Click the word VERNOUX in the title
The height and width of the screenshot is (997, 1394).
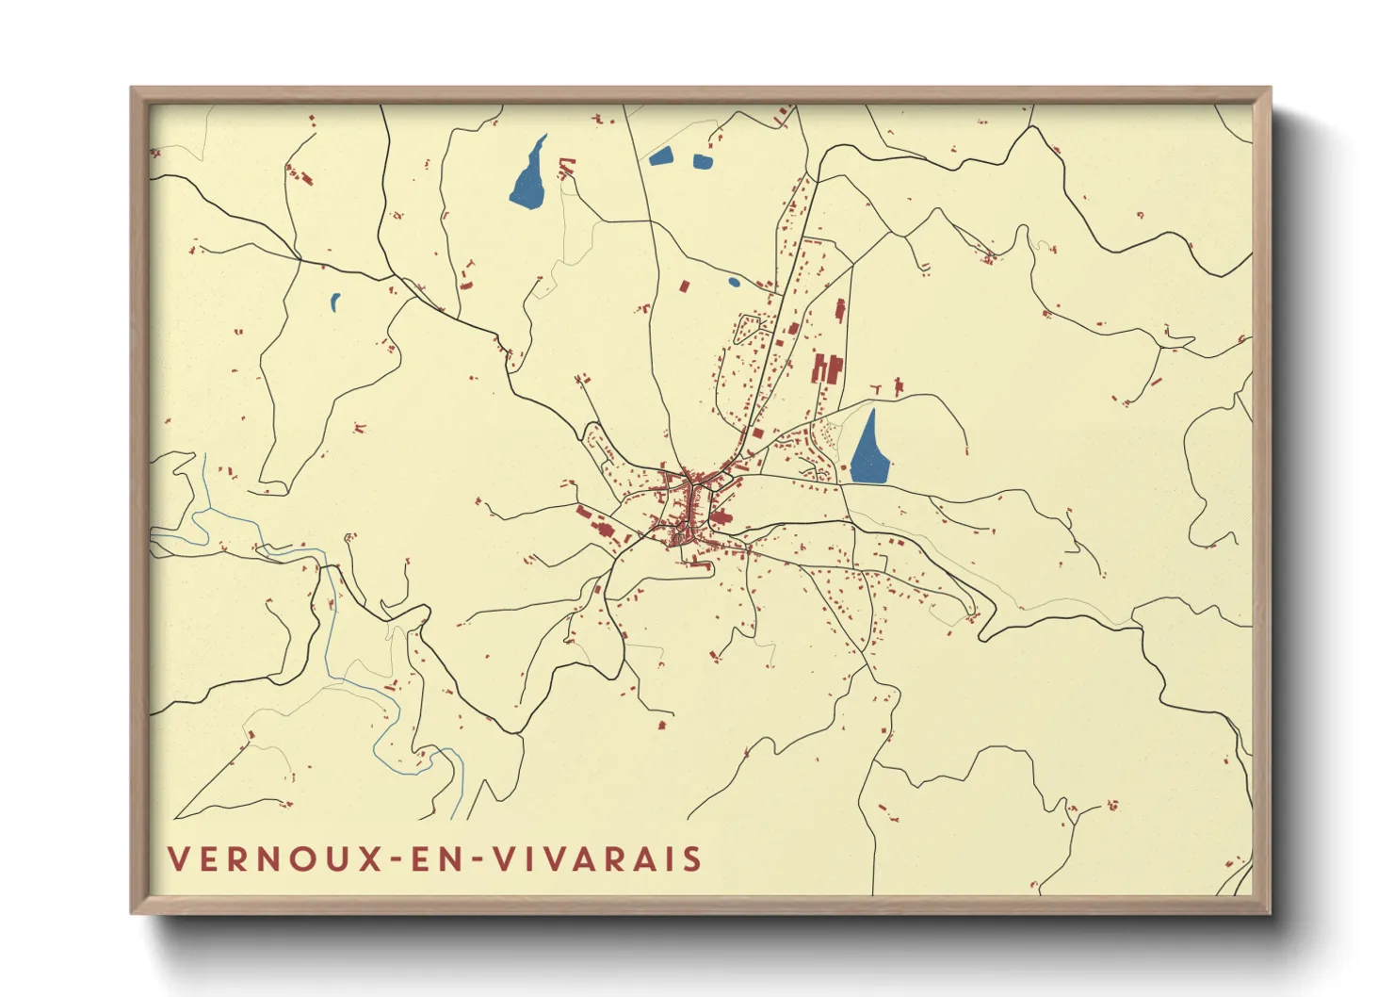[273, 859]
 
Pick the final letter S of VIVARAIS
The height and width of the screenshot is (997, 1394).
[693, 859]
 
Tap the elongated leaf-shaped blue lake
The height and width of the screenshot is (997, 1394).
[528, 175]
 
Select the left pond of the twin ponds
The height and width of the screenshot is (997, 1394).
[661, 156]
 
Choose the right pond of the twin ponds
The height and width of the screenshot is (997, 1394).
[703, 161]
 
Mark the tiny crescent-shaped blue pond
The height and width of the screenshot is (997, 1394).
[334, 302]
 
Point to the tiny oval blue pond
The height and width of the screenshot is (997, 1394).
[734, 281]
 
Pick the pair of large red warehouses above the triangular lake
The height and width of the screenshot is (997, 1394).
[826, 368]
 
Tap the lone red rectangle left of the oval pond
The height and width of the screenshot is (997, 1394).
[685, 285]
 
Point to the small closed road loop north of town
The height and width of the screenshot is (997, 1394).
[749, 327]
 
